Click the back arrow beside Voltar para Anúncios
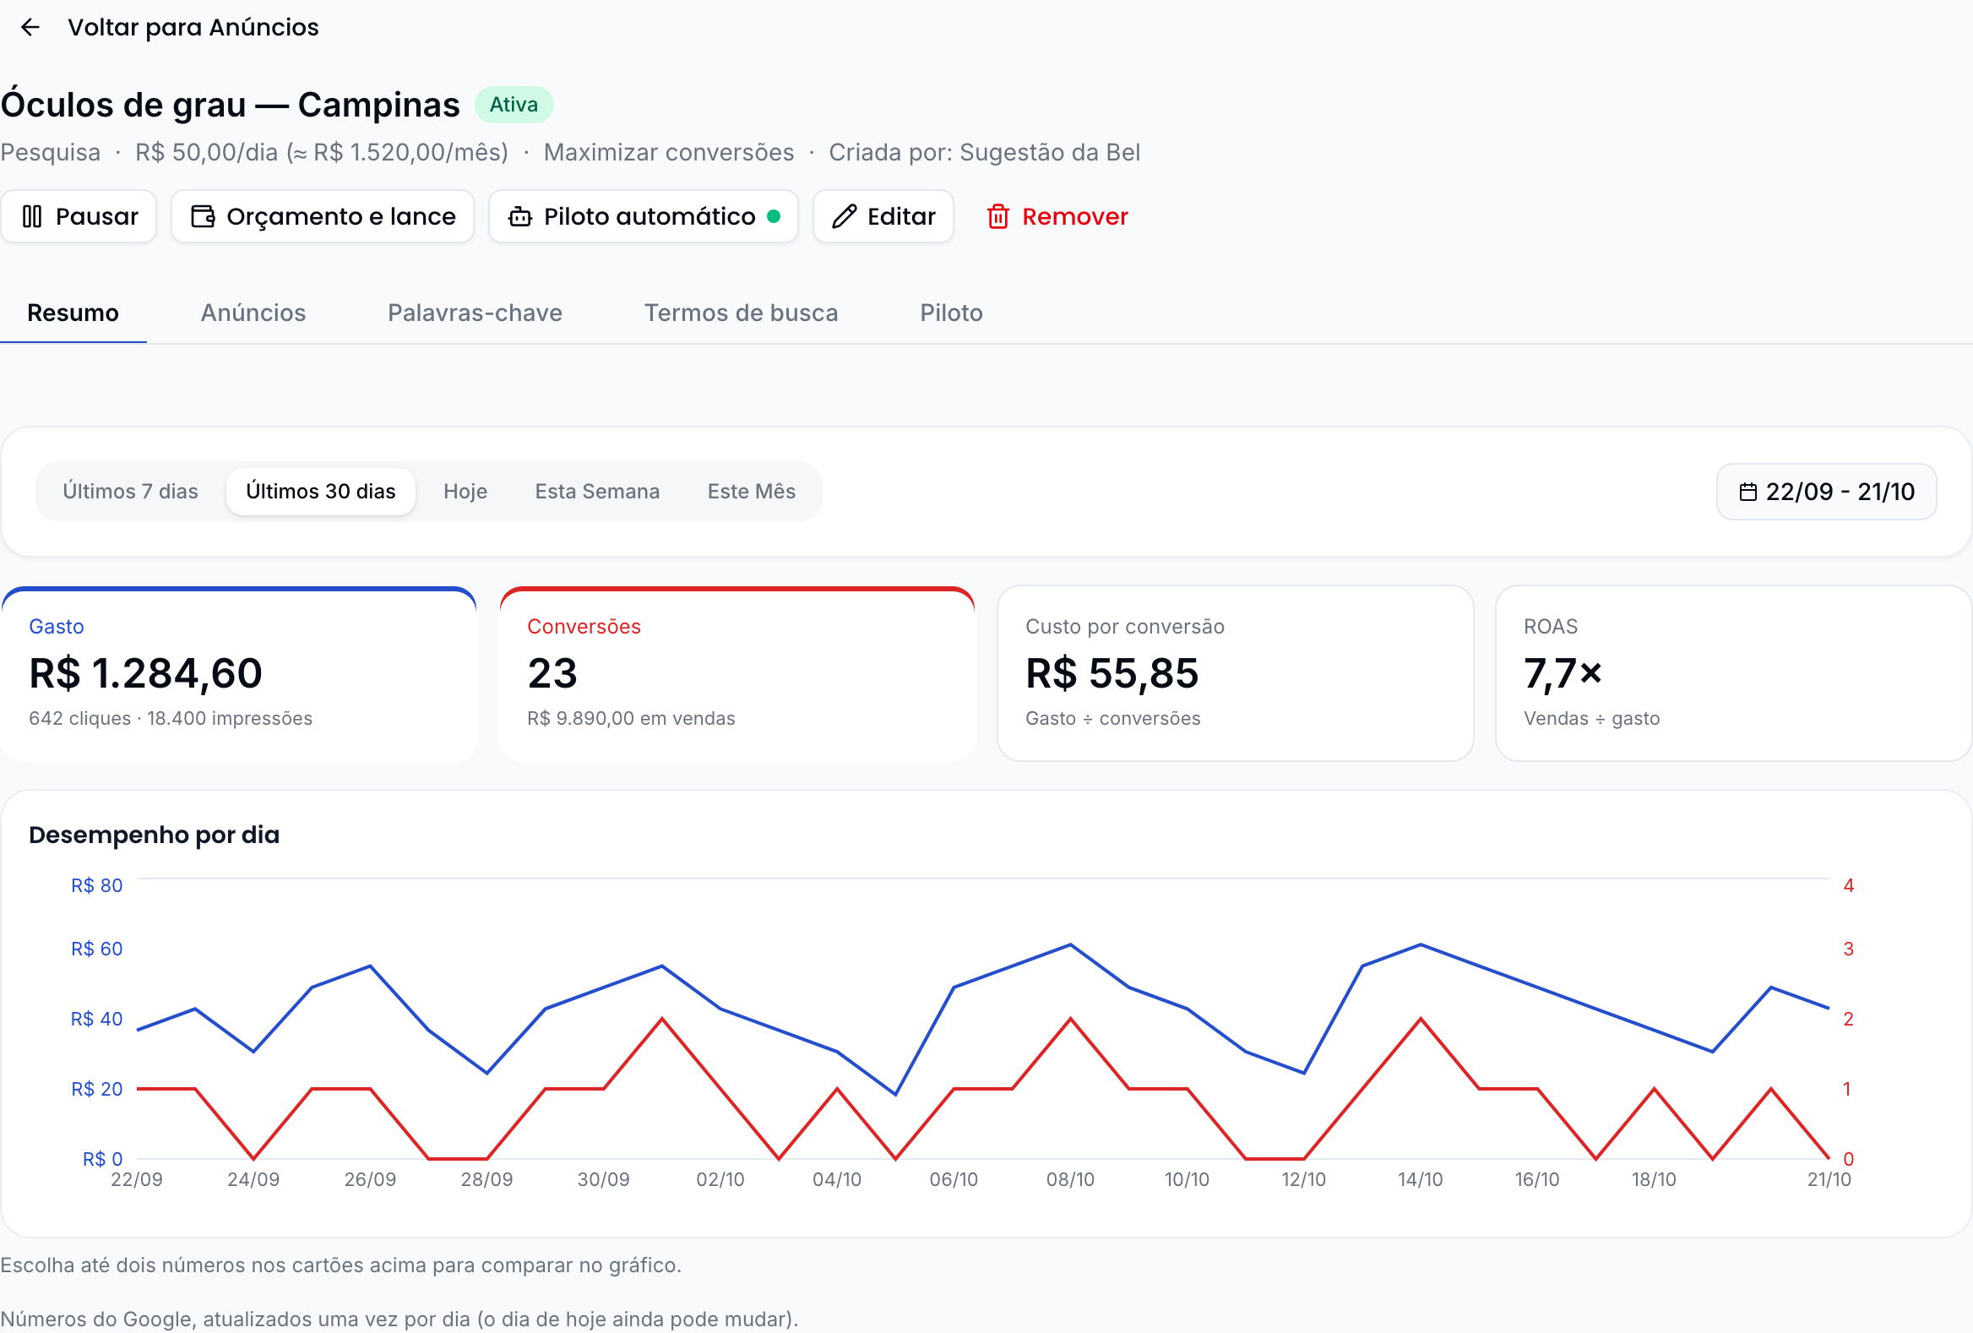[x=30, y=27]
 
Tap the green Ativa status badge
[x=514, y=105]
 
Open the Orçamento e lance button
[x=323, y=216]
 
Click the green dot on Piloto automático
[x=774, y=215]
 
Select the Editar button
[x=883, y=216]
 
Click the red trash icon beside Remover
[x=998, y=216]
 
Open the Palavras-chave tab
[x=475, y=313]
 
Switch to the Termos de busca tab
[x=742, y=313]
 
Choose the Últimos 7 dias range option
[x=130, y=492]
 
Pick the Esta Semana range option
[x=597, y=492]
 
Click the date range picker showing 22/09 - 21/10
[x=1827, y=492]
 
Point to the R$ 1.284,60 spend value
[x=146, y=673]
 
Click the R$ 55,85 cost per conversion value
[x=1112, y=673]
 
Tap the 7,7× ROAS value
[x=1563, y=673]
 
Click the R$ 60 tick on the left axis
[x=97, y=949]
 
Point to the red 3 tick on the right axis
[x=1848, y=949]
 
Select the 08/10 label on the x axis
[x=1070, y=1179]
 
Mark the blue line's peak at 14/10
[x=1421, y=944]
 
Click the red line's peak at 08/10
[x=1070, y=1018]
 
